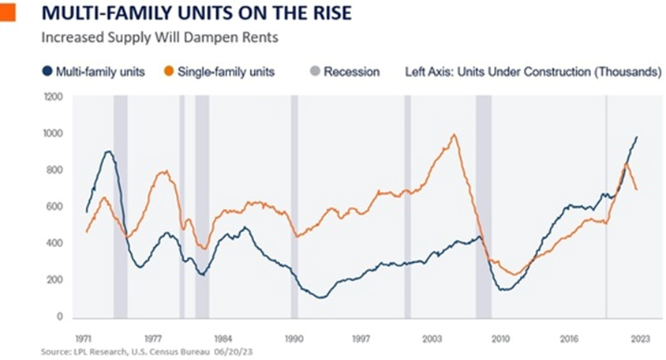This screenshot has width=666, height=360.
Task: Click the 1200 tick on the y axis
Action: (x=52, y=97)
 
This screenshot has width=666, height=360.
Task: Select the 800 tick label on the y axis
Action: (x=54, y=171)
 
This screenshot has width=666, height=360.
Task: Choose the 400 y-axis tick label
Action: (x=54, y=243)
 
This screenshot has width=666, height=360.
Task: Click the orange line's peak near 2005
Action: (x=454, y=135)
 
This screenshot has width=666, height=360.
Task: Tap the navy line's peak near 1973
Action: (x=108, y=152)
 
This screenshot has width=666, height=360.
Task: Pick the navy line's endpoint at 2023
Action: (x=637, y=137)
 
